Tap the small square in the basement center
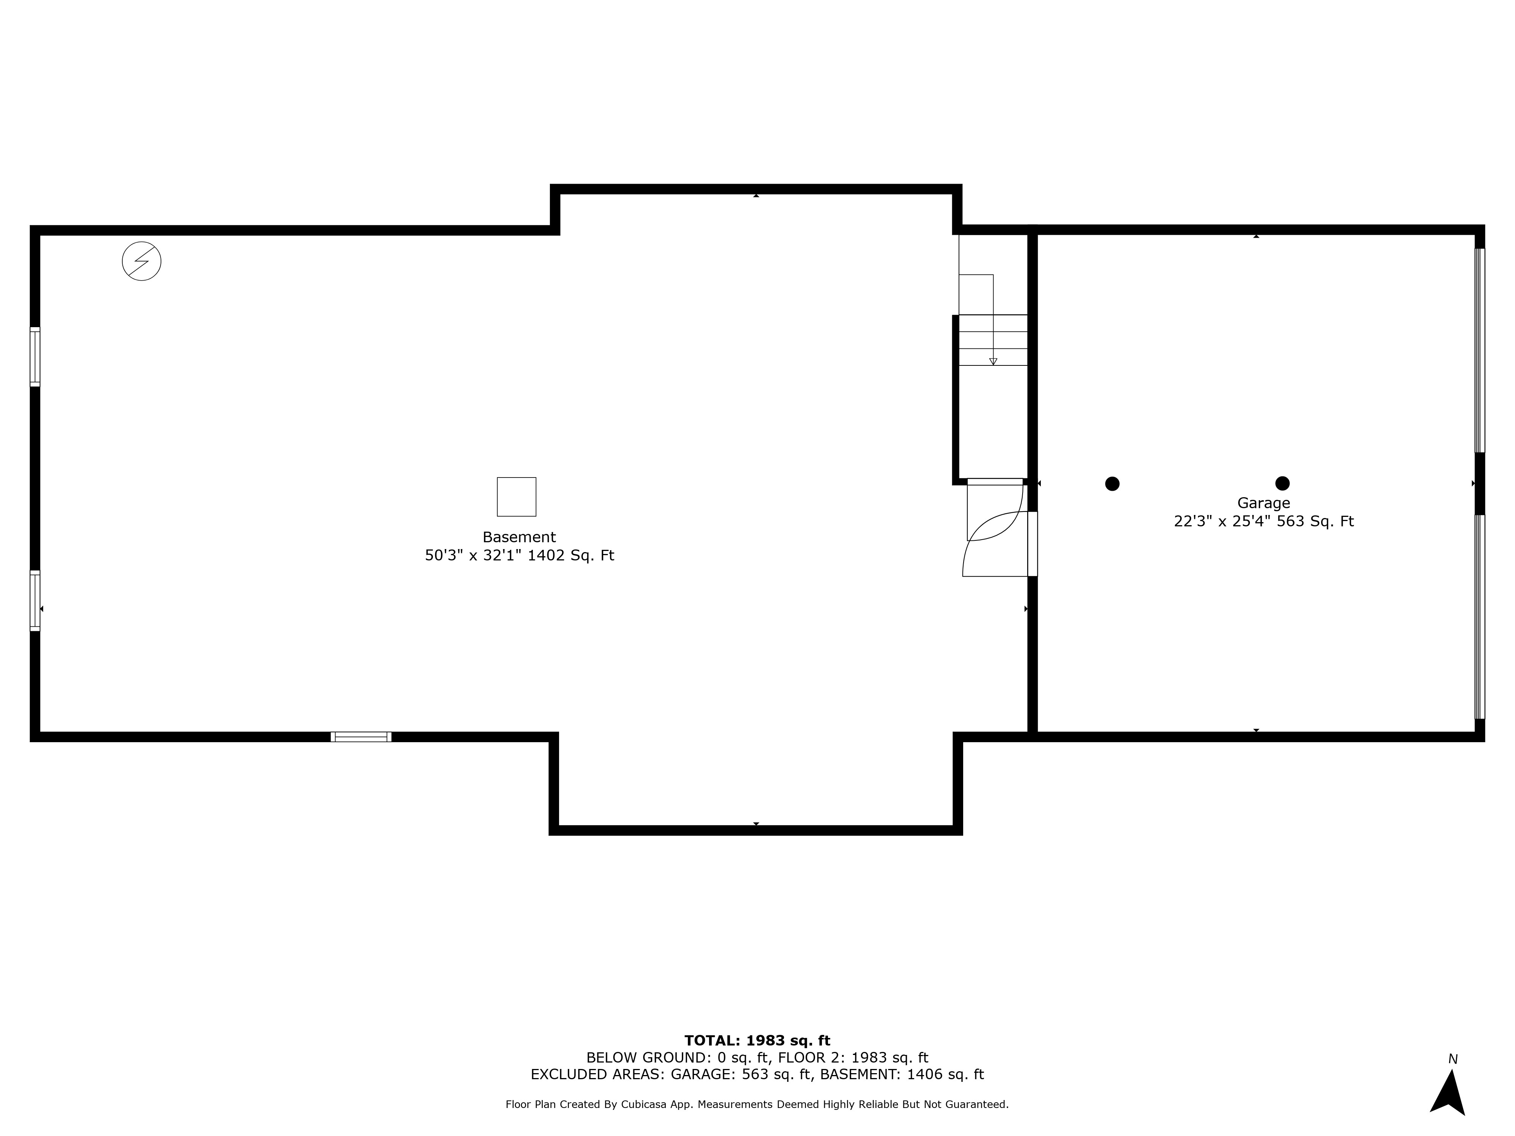click(x=516, y=496)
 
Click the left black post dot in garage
click(x=1112, y=484)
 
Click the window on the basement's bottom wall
click(x=361, y=737)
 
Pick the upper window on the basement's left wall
click(x=35, y=357)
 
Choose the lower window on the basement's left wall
click(x=35, y=601)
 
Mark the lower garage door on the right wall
click(x=1479, y=616)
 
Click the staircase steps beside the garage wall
click(x=993, y=340)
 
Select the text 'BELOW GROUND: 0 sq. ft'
click(x=677, y=1058)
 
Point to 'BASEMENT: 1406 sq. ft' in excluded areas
click(x=902, y=1074)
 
